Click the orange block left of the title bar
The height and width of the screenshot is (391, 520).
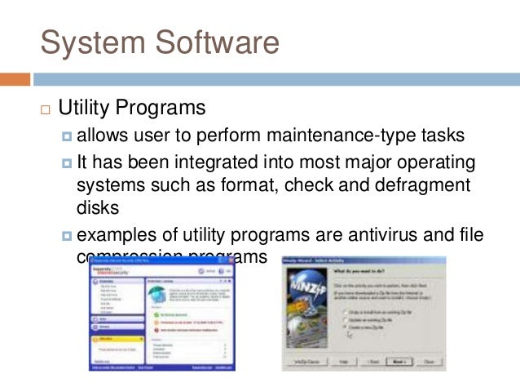(15, 80)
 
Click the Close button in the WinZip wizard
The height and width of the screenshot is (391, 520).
(427, 360)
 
